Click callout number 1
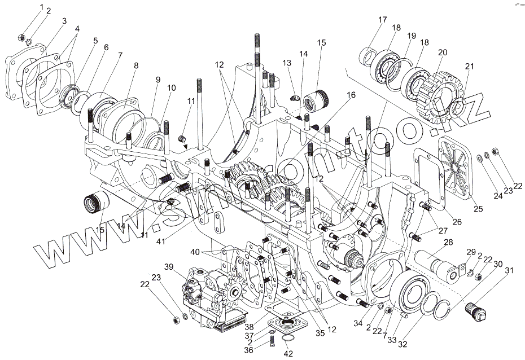pyautogui.click(x=41, y=7)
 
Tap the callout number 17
pyautogui.click(x=383, y=20)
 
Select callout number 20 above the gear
pyautogui.click(x=443, y=52)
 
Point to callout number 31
pyautogui.click(x=509, y=271)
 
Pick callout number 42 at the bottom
pyautogui.click(x=288, y=354)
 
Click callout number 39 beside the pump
pyautogui.click(x=168, y=267)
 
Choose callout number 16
pyautogui.click(x=352, y=95)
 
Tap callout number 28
pyautogui.click(x=448, y=242)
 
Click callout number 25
pyautogui.click(x=478, y=209)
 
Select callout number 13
pyautogui.click(x=287, y=63)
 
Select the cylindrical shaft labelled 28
pyautogui.click(x=438, y=264)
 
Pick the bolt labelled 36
pyautogui.click(x=272, y=339)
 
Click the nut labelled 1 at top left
pyautogui.click(x=21, y=39)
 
